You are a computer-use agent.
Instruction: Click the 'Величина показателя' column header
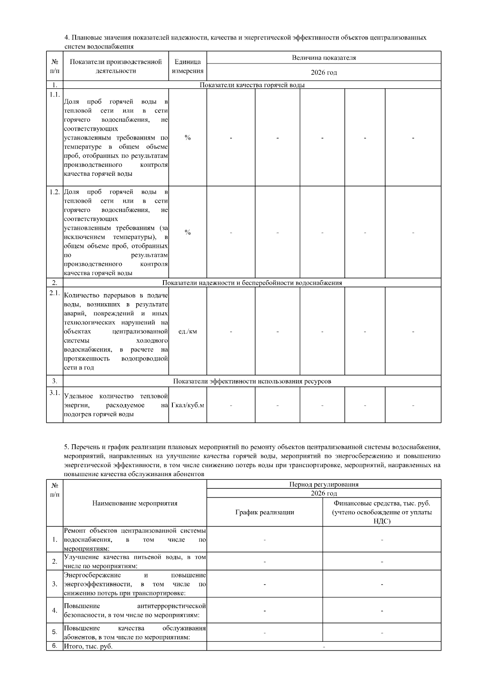pos(324,58)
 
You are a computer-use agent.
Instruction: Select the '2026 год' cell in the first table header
pos(324,73)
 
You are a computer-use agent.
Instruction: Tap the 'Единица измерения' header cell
pos(187,66)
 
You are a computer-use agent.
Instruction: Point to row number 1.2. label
pos(54,192)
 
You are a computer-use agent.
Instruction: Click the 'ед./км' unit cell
pos(187,332)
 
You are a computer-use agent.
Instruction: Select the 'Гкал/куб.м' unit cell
pos(187,405)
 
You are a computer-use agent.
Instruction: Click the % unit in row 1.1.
pos(187,138)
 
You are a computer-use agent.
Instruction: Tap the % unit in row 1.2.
pos(187,232)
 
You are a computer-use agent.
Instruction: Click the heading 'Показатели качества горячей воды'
pos(252,85)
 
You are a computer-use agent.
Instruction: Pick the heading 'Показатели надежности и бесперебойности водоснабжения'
pos(252,283)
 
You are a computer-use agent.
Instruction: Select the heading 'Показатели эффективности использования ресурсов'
pos(252,381)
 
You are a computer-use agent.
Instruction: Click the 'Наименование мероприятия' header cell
pos(135,503)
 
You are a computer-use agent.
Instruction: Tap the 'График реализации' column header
pos(264,512)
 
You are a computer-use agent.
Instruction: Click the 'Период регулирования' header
pos(324,484)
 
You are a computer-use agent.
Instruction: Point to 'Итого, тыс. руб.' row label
pos(88,646)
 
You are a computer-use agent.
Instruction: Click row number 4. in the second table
pos(54,610)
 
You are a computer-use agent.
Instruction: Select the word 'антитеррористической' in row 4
pos(171,606)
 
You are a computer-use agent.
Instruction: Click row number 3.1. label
pos(54,393)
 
